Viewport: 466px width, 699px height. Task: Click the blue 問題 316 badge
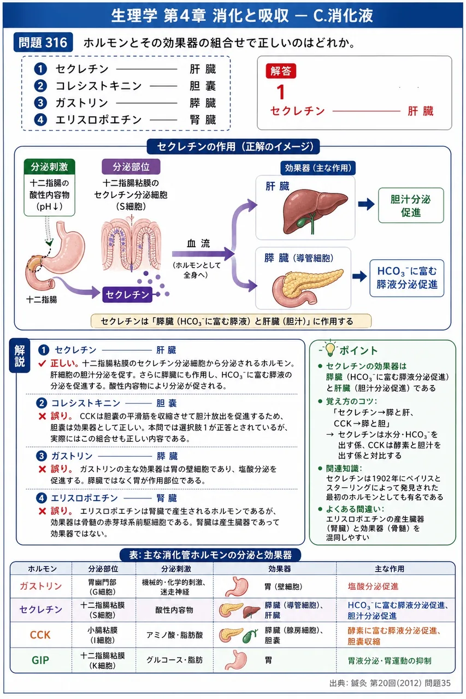[43, 43]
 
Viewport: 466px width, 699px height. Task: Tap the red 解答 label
[281, 71]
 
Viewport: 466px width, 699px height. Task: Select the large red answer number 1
[281, 92]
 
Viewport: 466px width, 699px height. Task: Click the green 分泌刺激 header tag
[49, 167]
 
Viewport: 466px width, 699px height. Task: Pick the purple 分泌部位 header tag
[131, 167]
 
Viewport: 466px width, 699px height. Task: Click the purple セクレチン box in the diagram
[127, 294]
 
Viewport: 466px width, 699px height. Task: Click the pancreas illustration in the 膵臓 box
[308, 287]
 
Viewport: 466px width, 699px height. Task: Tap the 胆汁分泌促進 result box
[411, 205]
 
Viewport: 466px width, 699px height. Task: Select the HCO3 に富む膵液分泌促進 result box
[407, 278]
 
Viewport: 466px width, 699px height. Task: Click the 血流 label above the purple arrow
[198, 243]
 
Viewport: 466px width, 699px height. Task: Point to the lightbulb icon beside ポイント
[329, 348]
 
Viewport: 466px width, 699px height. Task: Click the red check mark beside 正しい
[42, 364]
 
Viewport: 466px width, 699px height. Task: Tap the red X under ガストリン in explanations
[42, 469]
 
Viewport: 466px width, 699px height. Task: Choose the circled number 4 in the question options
[40, 120]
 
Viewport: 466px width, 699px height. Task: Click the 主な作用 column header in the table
[389, 568]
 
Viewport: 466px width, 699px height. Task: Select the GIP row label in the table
[40, 660]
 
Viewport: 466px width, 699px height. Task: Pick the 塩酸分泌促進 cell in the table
[373, 587]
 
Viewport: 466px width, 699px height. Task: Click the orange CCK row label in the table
[40, 635]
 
